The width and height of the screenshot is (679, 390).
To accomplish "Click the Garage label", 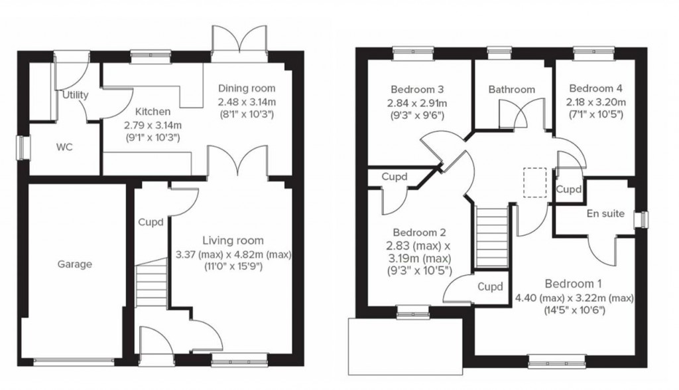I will (74, 264).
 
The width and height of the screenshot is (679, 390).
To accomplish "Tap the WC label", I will (64, 146).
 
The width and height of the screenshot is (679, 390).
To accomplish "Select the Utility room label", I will (75, 95).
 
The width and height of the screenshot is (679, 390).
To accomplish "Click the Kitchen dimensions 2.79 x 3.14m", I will (153, 124).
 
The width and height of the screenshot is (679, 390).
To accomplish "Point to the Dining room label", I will (247, 88).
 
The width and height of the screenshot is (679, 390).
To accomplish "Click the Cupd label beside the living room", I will (151, 222).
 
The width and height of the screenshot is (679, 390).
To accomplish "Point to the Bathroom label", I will (511, 89).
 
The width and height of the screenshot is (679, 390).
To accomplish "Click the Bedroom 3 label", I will (416, 89).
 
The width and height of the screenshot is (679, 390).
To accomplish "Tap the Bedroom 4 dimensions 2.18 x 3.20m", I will (596, 102).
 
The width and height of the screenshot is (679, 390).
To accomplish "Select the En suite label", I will (605, 214).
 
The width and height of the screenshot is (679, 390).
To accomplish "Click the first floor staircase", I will (491, 236).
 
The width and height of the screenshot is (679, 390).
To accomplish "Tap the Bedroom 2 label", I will (418, 233).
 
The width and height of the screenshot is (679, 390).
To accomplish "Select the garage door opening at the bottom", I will (74, 362).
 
